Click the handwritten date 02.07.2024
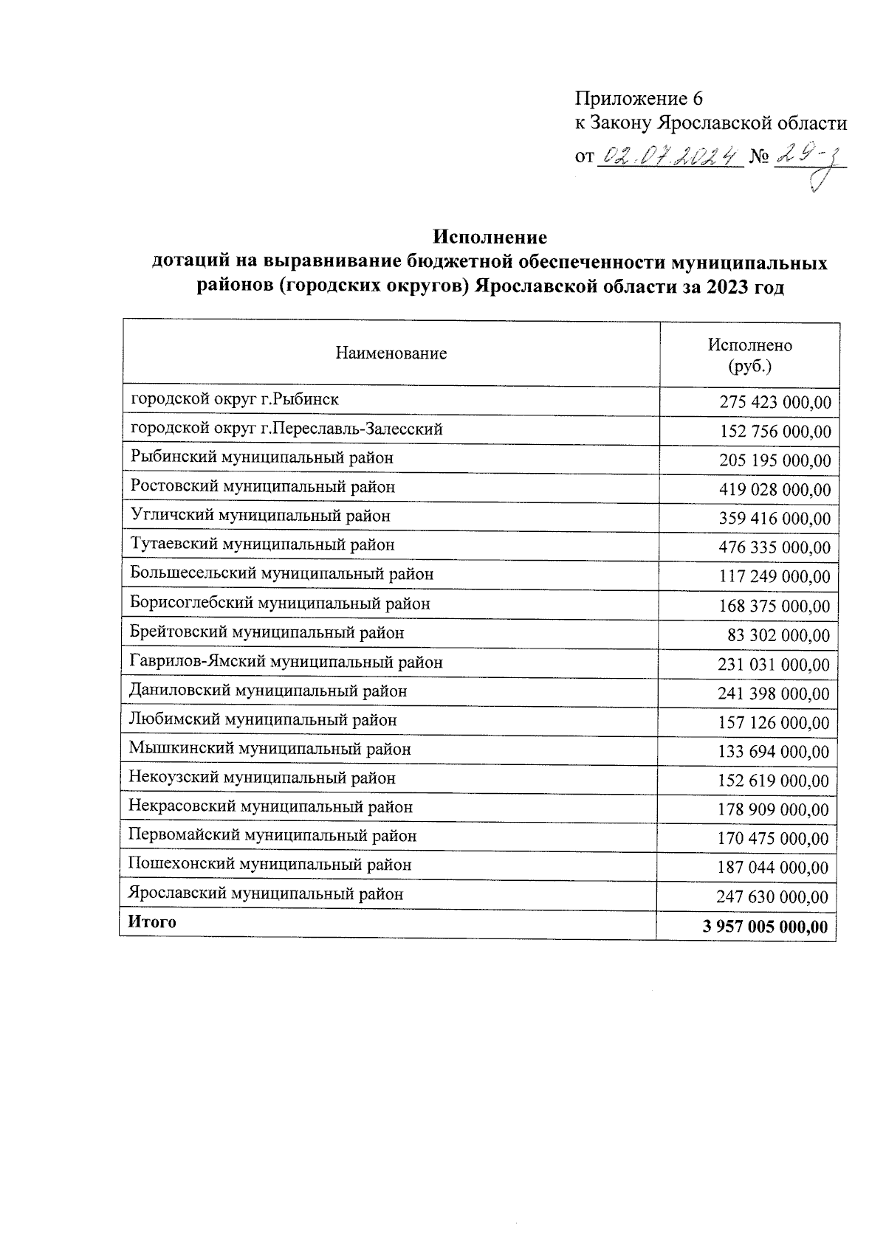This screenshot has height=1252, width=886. click(670, 156)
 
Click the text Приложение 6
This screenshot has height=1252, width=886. click(639, 99)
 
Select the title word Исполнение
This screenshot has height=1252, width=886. click(490, 238)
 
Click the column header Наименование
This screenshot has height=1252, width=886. click(391, 353)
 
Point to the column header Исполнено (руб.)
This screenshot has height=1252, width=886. click(749, 355)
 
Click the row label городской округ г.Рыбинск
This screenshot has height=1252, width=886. click(235, 400)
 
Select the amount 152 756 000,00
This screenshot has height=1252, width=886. click(775, 432)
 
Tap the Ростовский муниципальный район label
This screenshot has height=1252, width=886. click(263, 487)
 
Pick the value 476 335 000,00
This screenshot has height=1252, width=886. click(775, 547)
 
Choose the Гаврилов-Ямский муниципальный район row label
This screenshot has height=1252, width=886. click(286, 663)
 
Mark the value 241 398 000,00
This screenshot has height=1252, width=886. click(774, 694)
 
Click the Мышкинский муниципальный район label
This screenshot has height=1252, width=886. click(269, 749)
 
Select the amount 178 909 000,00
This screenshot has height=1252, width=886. click(774, 810)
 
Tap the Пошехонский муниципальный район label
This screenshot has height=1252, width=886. click(269, 865)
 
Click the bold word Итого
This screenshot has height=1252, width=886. click(152, 922)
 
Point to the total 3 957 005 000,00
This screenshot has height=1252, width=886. click(766, 927)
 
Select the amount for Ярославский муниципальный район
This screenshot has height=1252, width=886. click(772, 897)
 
